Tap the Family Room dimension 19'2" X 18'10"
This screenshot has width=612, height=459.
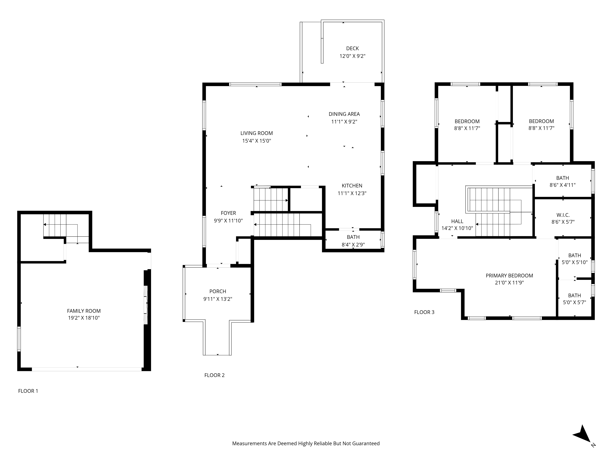84,318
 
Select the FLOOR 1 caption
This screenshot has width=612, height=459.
28,391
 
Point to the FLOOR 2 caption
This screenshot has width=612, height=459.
214,375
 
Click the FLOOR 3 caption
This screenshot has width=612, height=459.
424,312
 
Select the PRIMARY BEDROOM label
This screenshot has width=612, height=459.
509,276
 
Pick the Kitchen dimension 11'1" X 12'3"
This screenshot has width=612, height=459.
352,193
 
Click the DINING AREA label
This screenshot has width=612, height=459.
344,114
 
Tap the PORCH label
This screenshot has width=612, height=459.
218,291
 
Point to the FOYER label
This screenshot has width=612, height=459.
228,213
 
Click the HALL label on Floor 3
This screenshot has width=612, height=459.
457,221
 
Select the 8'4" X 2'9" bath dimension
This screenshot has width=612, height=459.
353,245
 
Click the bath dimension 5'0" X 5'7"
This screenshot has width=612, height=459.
574,302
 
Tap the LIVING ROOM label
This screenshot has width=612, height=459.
256,133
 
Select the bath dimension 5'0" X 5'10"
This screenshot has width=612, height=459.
574,262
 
